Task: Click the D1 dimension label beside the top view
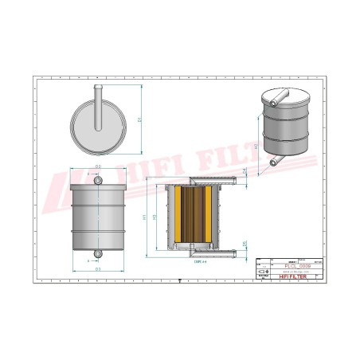tap(138, 120)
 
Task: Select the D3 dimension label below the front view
tap(98, 270)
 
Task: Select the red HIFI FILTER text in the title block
tap(292, 276)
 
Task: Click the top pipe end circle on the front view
tap(98, 181)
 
